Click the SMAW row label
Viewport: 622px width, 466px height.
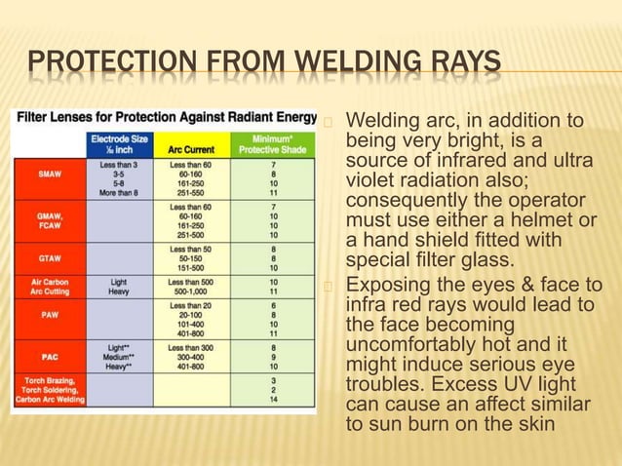tap(50, 174)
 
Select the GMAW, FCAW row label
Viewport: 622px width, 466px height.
tap(50, 222)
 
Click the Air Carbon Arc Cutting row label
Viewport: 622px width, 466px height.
tap(50, 286)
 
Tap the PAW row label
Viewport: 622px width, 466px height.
tap(50, 315)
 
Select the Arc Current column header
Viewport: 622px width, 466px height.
tap(192, 150)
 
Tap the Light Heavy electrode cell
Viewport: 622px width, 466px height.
tap(118, 286)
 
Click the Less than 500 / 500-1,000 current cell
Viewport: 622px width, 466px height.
tap(192, 286)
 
